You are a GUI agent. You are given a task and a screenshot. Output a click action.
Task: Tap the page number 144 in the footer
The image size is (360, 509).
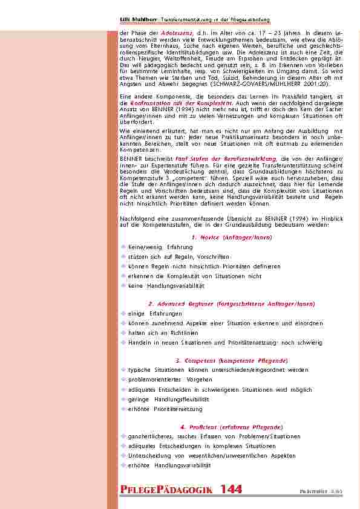coord(232,489)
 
